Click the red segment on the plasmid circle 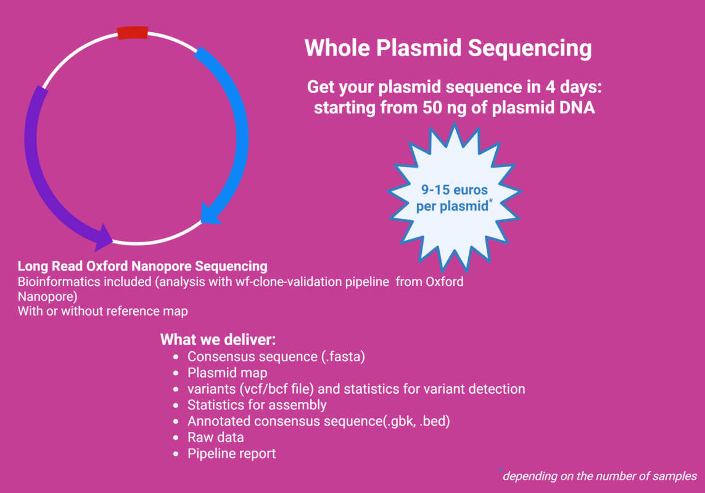tap(133, 33)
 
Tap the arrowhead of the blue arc tap(210, 214)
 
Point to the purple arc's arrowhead tap(104, 237)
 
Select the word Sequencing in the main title tap(530, 49)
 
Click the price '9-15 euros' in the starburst tap(454, 190)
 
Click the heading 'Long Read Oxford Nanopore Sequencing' tap(142, 266)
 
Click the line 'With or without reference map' tap(103, 311)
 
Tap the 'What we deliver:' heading tap(218, 340)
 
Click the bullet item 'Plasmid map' tap(228, 373)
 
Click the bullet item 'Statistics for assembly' tap(257, 405)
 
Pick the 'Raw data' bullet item tap(216, 438)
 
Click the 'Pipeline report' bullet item tap(231, 454)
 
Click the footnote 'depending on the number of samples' tap(600, 476)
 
